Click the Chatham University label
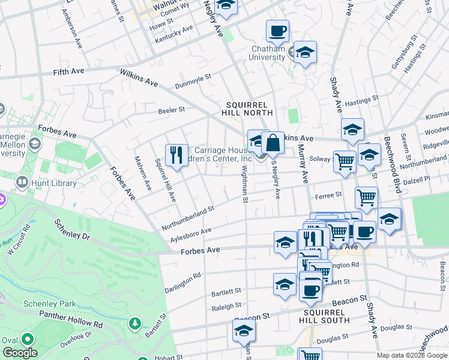coord(267,53)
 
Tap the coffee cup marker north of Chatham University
coord(277,31)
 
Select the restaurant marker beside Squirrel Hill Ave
coord(176,155)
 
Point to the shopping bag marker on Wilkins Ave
coord(273,143)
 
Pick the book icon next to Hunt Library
coord(22,181)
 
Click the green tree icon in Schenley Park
coord(136,324)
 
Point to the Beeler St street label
coord(171,110)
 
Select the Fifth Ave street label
coord(69,71)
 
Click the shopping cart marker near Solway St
coord(345,161)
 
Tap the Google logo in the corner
coord(20,352)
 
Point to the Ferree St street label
coord(328,194)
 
